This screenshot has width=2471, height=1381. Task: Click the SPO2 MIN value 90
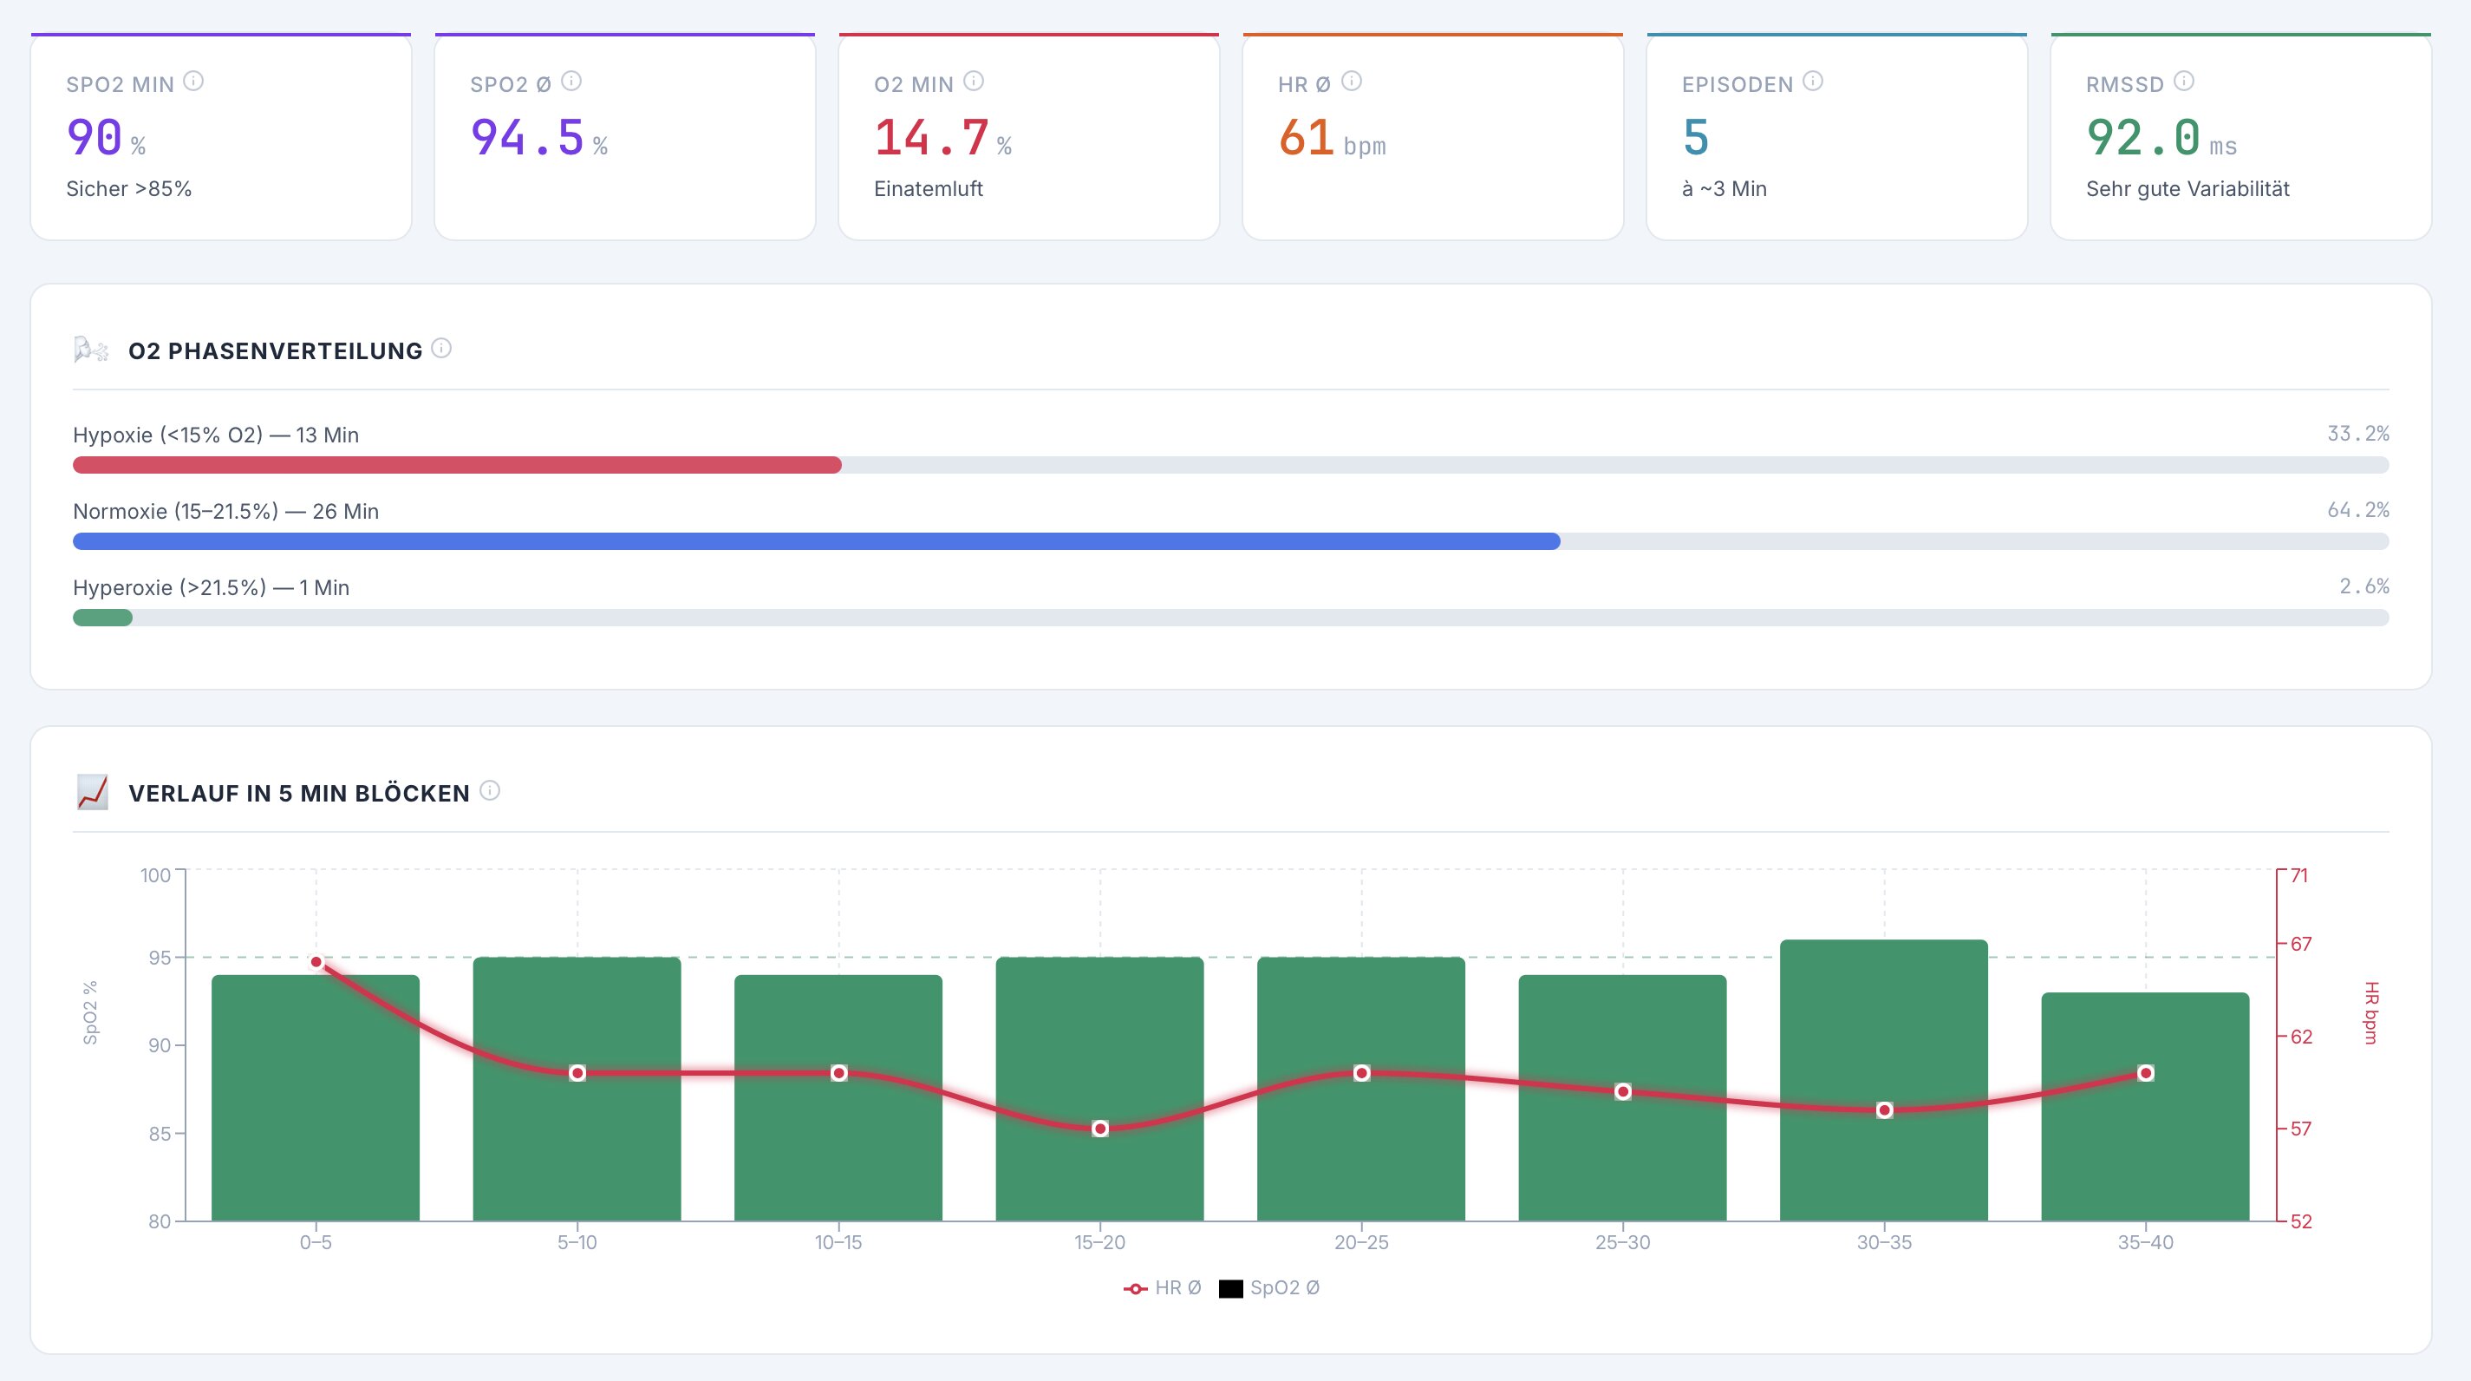point(94,137)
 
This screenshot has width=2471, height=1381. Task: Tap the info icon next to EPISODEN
point(1812,82)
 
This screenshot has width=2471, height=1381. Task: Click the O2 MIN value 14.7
point(930,137)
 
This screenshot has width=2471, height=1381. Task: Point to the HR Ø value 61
point(1306,137)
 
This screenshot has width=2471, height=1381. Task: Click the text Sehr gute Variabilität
point(2187,189)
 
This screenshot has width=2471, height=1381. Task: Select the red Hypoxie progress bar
point(457,466)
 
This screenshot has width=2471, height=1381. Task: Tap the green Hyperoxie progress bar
point(102,618)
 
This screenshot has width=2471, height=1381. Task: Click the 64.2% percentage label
point(2357,509)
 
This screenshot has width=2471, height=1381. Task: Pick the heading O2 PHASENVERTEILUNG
point(276,351)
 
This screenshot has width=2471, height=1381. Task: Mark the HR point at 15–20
point(1100,1129)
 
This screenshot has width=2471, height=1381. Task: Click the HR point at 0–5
point(316,962)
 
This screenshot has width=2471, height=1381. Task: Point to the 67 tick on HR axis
point(2300,945)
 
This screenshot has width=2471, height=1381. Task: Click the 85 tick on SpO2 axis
point(160,1134)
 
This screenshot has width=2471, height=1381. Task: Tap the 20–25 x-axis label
point(1361,1243)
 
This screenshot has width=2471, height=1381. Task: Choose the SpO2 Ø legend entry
point(1270,1288)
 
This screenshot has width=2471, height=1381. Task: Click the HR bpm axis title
point(2370,1012)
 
